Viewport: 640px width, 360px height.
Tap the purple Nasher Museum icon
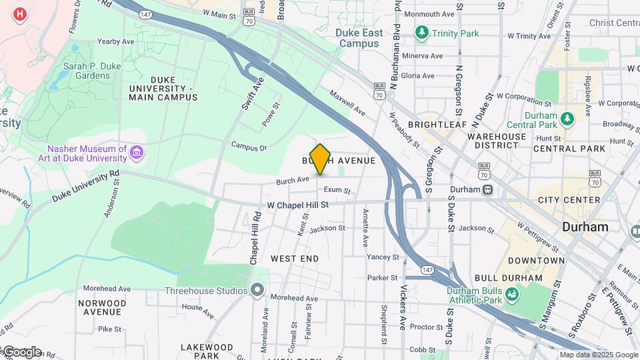[137, 154]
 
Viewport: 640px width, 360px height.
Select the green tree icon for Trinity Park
[421, 32]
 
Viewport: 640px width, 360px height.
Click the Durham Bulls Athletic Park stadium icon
[511, 293]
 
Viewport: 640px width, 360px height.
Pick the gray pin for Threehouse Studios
[257, 290]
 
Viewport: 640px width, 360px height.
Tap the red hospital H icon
[20, 14]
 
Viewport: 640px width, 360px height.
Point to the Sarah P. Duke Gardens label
[87, 71]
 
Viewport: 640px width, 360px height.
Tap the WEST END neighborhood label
[295, 258]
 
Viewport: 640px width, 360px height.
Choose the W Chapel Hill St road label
[298, 205]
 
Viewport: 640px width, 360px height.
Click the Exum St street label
[337, 190]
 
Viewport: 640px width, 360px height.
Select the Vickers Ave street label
[403, 307]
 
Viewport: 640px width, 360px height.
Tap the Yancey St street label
[383, 257]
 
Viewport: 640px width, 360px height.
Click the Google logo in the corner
[21, 351]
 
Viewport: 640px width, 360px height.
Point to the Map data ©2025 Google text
[599, 355]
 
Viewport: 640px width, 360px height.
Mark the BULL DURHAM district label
[508, 277]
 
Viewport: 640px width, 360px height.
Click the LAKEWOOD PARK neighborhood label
[207, 351]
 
